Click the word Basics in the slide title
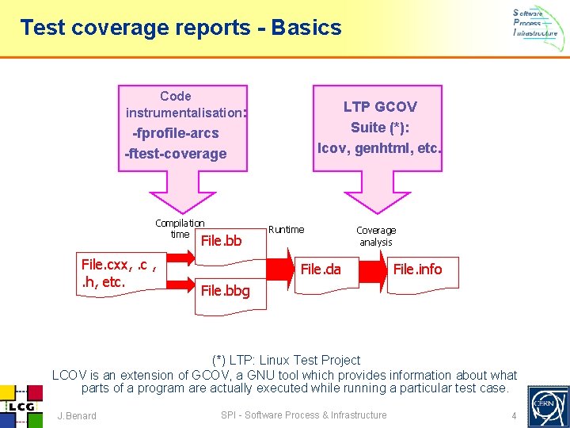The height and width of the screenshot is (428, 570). tap(306, 29)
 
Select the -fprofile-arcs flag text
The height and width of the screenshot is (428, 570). tap(176, 133)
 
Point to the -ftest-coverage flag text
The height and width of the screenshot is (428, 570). tap(176, 154)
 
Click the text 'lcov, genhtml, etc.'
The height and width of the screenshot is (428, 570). tap(380, 147)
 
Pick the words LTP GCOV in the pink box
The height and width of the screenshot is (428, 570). tap(380, 106)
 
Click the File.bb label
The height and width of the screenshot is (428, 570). tap(221, 240)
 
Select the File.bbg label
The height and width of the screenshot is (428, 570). tap(225, 291)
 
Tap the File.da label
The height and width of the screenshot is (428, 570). tap(321, 269)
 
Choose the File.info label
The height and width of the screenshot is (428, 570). tap(417, 269)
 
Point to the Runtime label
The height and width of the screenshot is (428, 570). tap(286, 230)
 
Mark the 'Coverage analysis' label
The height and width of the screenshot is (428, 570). tap(376, 236)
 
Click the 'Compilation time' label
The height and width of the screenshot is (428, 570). tap(180, 228)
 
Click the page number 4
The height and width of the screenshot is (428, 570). tap(514, 415)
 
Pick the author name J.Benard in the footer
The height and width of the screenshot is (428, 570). tap(77, 415)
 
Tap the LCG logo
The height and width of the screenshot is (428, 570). tap(19, 405)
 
